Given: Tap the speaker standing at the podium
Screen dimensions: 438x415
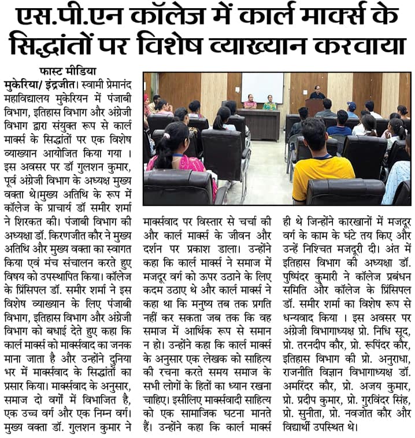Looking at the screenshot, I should pyautogui.click(x=316, y=93).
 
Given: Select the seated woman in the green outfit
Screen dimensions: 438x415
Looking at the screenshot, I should pyautogui.click(x=269, y=103).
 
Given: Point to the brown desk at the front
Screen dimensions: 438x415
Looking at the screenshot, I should pyautogui.click(x=258, y=122).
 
